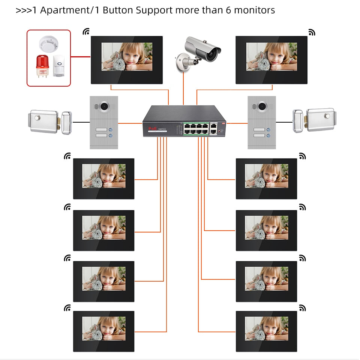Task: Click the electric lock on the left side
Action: pyautogui.click(x=49, y=122)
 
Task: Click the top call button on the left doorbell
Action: pyautogui.click(x=111, y=130)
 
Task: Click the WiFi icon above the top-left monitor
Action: pyautogui.click(x=86, y=32)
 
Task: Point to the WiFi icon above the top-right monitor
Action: pyautogui.click(x=312, y=32)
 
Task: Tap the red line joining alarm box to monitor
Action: pyautogui.click(x=81, y=57)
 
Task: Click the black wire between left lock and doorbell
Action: pyautogui.click(x=81, y=122)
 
